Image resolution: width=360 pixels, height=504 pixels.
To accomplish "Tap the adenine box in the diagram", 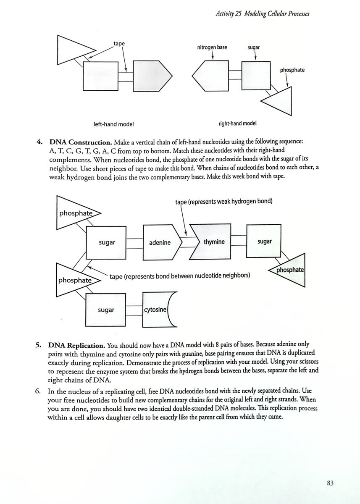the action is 162,242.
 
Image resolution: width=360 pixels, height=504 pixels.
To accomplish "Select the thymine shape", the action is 210,241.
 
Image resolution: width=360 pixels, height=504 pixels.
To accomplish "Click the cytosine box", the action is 158,310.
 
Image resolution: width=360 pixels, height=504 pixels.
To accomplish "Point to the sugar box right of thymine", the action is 264,241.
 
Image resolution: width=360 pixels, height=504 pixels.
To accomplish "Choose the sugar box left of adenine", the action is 106,243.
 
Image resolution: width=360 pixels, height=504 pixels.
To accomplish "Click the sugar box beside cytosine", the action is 105,310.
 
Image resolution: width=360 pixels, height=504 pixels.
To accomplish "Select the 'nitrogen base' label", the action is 212,47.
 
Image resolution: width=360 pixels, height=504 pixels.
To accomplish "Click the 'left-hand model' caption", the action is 113,124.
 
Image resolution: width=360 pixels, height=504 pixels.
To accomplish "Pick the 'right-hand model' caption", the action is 237,123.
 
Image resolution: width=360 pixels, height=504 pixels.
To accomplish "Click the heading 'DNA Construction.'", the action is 81,142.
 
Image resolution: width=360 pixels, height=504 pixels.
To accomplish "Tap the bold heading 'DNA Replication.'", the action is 77,345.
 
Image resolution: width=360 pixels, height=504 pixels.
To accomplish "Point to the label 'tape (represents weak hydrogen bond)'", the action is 224,201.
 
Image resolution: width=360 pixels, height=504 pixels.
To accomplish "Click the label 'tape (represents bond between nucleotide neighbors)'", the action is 180,276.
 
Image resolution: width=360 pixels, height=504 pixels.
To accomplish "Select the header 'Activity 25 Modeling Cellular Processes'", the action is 263,14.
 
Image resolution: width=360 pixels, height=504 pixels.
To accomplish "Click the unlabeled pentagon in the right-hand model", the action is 210,76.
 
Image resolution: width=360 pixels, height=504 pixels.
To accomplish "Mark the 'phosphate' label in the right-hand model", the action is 292,70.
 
